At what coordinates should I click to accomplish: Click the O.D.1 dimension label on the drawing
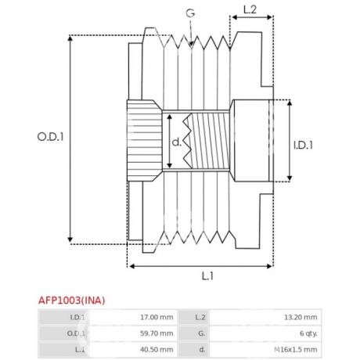[50, 137]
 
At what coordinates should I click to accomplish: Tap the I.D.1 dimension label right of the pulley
[303, 145]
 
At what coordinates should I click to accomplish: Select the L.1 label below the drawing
[207, 275]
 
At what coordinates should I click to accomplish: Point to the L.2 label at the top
[250, 9]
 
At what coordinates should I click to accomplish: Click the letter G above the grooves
[190, 13]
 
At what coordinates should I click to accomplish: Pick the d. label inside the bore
[177, 142]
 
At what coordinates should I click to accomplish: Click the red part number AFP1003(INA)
[71, 301]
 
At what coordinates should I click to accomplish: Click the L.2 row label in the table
[200, 317]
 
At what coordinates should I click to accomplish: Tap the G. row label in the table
[201, 333]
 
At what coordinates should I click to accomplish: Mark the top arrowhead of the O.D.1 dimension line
[70, 38]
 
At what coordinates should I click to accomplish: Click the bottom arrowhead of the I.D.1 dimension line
[290, 178]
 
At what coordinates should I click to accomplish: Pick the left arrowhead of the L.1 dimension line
[132, 266]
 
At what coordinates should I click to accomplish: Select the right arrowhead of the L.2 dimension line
[269, 17]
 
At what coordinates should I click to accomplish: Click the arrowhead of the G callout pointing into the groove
[191, 45]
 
